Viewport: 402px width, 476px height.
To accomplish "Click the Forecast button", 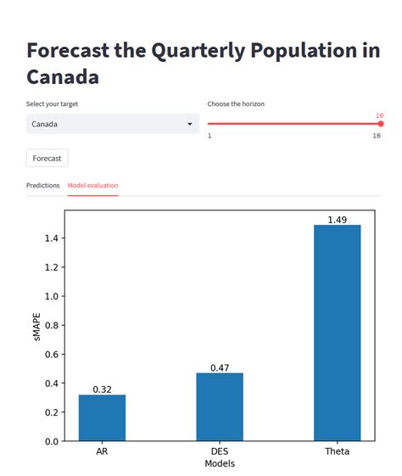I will pos(47,159).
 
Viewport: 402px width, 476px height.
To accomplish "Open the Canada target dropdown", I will pos(112,125).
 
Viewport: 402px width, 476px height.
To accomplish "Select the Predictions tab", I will pos(43,185).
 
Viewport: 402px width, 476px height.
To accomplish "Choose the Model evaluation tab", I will pos(93,185).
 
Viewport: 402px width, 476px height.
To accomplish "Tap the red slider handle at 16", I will pos(380,124).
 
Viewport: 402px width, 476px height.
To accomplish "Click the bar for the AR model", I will pos(102,417).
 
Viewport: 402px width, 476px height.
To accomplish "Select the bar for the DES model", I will pos(220,407).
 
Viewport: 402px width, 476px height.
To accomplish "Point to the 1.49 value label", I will pos(337,220).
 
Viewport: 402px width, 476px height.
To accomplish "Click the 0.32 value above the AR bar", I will pos(102,389).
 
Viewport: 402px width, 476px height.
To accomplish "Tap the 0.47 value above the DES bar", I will pos(220,368).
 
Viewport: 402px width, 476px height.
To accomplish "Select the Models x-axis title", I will pos(220,464).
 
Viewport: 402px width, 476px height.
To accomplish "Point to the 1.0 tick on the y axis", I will pos(52,297).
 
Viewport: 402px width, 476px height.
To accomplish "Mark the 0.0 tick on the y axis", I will pos(52,441).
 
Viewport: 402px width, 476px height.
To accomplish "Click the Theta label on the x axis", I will pos(337,451).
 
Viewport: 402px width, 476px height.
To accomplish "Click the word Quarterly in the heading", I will pos(207,50).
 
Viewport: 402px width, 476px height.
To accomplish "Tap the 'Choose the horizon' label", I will pos(236,104).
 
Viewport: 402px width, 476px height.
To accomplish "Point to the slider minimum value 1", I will pos(209,136).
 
